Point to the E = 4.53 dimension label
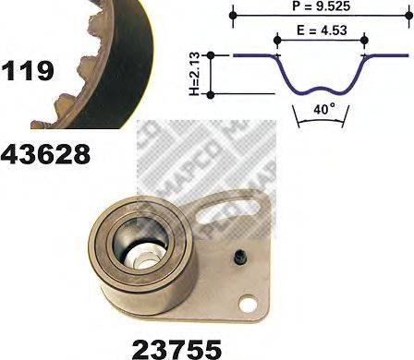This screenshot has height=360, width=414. click(320, 30)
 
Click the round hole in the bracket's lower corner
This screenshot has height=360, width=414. click(246, 302)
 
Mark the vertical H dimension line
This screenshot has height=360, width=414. click(213, 75)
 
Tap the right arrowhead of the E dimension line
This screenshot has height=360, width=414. click(364, 40)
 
